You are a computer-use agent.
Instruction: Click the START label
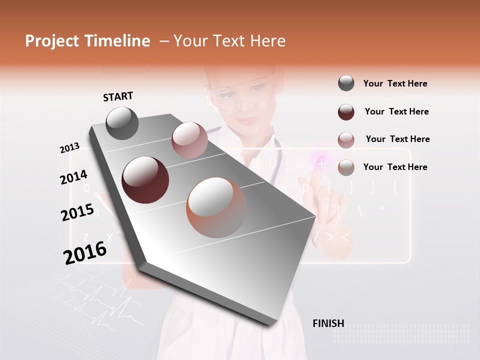(x=118, y=96)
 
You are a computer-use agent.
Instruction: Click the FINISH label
(x=328, y=323)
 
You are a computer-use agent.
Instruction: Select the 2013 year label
(x=69, y=148)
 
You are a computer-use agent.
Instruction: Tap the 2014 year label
(x=73, y=177)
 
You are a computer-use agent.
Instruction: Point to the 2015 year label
(x=77, y=212)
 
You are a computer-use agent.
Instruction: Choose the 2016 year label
(x=85, y=252)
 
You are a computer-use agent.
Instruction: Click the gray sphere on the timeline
(x=122, y=123)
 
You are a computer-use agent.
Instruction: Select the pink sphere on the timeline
(x=189, y=140)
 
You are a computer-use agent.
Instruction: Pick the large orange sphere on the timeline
(x=216, y=207)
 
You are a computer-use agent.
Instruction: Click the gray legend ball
(x=346, y=83)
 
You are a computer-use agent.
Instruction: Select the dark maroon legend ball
(x=346, y=112)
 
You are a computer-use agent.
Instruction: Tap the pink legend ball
(x=346, y=140)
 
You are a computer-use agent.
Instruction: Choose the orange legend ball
(x=346, y=167)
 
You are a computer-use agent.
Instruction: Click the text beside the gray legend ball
(x=395, y=83)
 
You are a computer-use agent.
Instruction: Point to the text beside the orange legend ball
(x=395, y=167)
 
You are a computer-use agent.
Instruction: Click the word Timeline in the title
(x=117, y=41)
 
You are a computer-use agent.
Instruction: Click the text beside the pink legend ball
(x=397, y=139)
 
